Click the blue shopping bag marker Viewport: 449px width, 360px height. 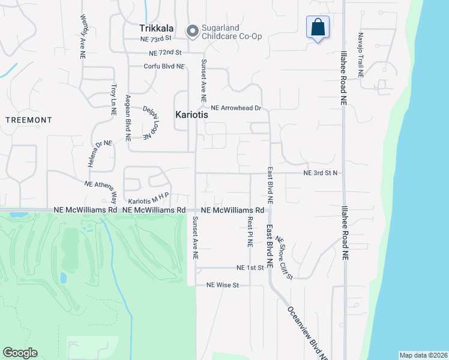(x=318, y=27)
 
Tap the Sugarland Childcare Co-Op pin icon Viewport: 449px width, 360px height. (x=193, y=31)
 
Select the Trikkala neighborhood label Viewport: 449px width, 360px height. (x=157, y=28)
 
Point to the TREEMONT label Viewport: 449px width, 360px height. (x=28, y=120)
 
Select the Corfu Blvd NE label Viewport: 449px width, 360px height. (x=164, y=66)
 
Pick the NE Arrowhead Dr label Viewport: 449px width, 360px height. (x=235, y=108)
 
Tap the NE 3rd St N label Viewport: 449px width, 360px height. (x=321, y=173)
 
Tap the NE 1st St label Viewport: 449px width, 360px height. (x=250, y=268)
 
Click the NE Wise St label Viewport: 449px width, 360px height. (x=223, y=285)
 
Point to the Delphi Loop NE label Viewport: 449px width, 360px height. (x=154, y=122)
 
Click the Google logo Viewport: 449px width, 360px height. (x=20, y=353)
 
